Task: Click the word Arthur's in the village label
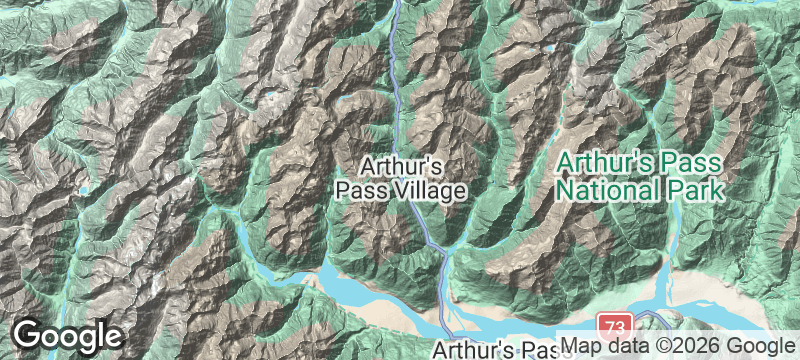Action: click(x=400, y=165)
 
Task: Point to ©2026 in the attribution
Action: click(x=679, y=345)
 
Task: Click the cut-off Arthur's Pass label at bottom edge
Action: click(x=496, y=351)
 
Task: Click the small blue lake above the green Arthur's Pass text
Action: click(x=549, y=49)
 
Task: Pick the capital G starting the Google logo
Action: click(x=27, y=336)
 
